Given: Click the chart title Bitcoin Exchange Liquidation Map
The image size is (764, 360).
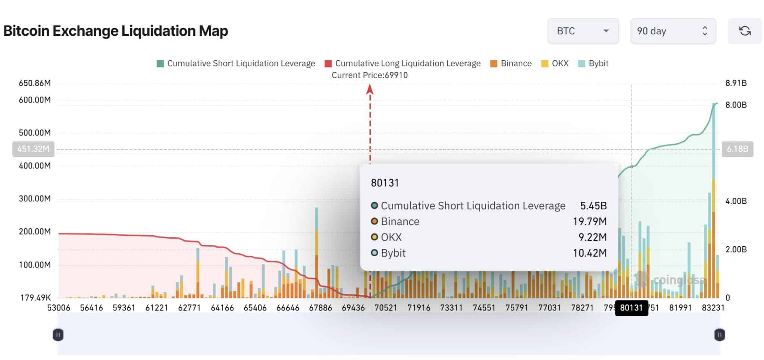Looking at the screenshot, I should coord(116,31).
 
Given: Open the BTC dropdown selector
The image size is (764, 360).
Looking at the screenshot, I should coord(583,31).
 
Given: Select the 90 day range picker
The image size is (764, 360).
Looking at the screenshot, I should coord(673,31).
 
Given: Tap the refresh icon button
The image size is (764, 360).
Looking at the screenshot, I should coord(745,31).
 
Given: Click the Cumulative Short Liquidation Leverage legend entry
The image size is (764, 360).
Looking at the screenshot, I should coord(236,63).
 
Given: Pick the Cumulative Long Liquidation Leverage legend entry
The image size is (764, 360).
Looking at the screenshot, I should coord(403,63).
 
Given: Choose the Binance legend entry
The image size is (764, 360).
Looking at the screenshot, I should coord(511,63).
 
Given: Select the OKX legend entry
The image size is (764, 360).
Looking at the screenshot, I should coord(555,63).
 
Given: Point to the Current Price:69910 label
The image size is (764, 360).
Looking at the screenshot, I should coord(369,75).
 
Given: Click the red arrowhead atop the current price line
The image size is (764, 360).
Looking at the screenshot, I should coord(370,89).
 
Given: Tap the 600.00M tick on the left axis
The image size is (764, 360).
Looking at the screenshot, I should coord(35,100).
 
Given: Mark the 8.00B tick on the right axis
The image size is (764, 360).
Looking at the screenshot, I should coord(736,105).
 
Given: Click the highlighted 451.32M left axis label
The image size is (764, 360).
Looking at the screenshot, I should coord(33,149).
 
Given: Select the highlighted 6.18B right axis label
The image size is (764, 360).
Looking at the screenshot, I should coord(737,149).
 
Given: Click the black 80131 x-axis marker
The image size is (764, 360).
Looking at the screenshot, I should coord(631,308).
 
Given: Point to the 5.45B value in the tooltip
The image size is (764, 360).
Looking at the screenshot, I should coord(593,206).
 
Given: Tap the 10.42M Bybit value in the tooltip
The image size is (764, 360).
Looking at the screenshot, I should coord(589,253).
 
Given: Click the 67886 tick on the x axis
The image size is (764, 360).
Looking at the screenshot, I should coord(320,308).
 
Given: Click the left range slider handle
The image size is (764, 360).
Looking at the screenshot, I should coord(58,335).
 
